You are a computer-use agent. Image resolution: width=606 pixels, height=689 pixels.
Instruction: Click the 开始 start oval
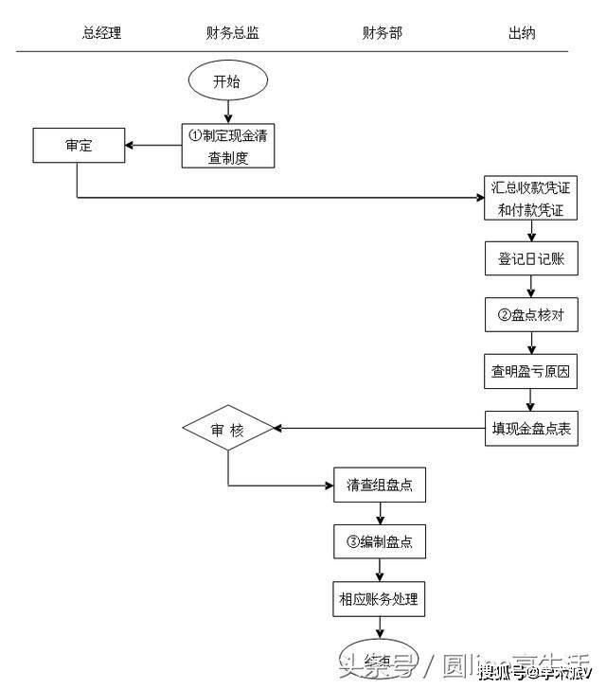(227, 80)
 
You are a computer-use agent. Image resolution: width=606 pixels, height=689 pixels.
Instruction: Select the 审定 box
(79, 145)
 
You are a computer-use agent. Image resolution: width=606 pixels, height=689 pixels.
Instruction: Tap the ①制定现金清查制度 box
(228, 146)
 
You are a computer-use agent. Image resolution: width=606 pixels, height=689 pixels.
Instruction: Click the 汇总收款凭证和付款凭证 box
(530, 199)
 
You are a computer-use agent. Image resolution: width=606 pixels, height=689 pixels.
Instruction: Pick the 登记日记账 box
(530, 257)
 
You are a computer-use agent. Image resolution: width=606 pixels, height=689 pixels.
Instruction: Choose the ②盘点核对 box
(530, 315)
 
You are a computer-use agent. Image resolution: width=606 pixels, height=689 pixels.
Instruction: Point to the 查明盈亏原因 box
(530, 371)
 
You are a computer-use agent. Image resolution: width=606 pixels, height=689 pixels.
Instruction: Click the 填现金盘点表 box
(530, 428)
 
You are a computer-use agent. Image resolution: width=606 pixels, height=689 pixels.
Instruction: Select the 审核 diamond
(227, 429)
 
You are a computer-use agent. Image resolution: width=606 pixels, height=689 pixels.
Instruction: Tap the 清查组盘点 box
(380, 486)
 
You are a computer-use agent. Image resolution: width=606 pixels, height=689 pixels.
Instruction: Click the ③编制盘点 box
(380, 542)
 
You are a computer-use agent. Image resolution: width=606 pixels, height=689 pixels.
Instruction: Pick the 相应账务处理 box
(380, 598)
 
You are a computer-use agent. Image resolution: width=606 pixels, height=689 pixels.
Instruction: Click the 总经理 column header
(101, 33)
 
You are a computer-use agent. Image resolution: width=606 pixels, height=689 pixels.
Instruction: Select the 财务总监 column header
(232, 33)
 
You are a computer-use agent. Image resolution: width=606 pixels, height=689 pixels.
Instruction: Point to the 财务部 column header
(382, 33)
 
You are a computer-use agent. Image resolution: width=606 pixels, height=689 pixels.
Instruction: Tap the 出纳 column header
(522, 33)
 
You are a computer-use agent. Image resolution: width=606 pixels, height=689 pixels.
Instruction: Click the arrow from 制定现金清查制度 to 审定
(153, 145)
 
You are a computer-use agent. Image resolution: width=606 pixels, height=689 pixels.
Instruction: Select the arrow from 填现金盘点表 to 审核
(379, 429)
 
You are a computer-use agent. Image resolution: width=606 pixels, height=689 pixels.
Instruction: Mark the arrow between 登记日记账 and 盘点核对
(530, 287)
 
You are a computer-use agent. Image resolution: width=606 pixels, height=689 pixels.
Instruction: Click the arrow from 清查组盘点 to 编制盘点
(380, 514)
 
